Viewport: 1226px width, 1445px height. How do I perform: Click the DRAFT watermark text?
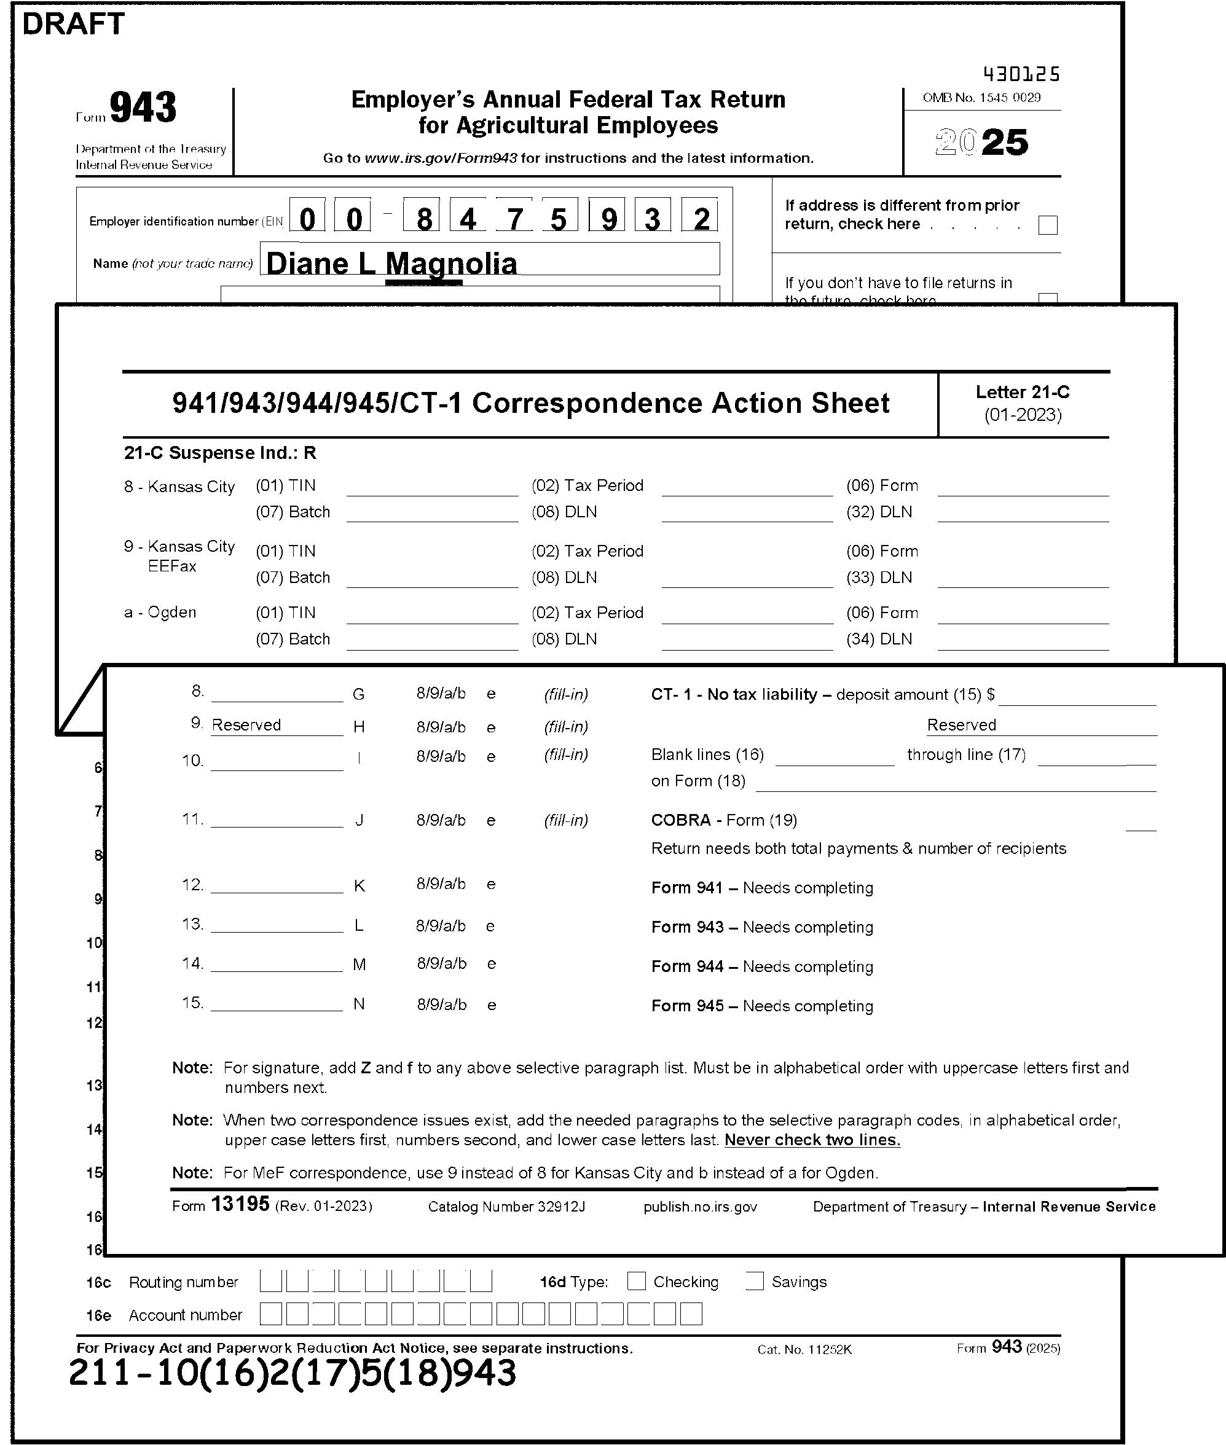click(73, 25)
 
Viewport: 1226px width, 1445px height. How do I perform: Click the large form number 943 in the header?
click(143, 108)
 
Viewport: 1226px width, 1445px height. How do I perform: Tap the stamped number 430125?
click(1021, 74)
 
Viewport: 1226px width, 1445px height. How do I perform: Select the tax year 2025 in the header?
click(981, 143)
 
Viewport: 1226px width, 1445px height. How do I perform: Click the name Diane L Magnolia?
click(391, 264)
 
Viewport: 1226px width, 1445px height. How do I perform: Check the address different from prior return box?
click(1047, 225)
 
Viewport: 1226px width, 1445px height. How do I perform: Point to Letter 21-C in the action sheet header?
click(1023, 393)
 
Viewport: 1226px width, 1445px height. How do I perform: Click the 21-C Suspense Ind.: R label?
click(219, 453)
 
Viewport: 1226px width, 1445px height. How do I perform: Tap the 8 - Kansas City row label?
click(179, 487)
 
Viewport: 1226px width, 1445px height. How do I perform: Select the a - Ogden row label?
click(160, 613)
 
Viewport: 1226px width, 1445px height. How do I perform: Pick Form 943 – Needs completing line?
click(762, 928)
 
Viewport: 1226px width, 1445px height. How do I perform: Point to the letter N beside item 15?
click(359, 1004)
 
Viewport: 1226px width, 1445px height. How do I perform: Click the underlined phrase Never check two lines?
click(812, 1140)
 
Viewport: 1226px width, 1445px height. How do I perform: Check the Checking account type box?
click(636, 1281)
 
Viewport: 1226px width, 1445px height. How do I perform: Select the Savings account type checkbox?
click(754, 1281)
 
